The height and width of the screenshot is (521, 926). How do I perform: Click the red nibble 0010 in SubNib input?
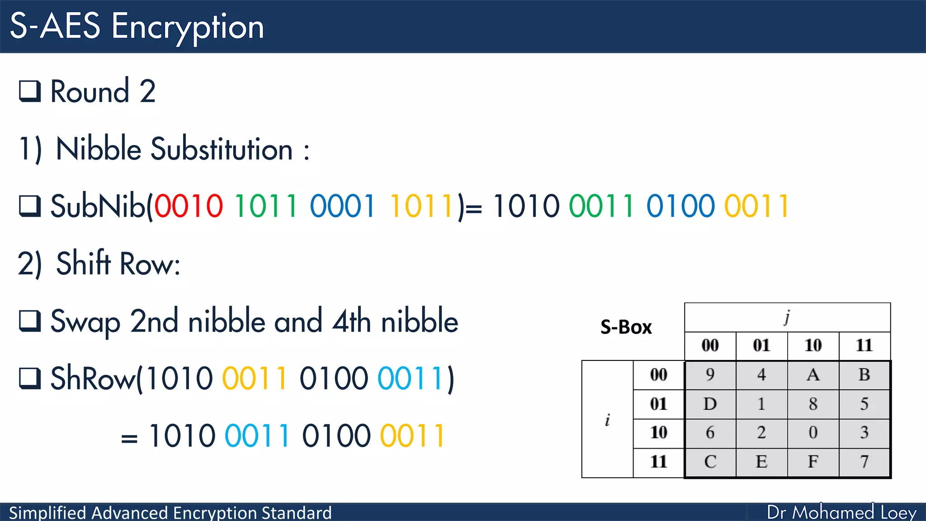(x=189, y=206)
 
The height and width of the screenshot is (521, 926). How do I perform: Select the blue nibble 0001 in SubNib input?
(x=342, y=206)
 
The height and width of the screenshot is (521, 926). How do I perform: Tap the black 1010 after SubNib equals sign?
(x=526, y=206)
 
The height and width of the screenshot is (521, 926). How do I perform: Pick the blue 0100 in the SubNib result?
(x=680, y=206)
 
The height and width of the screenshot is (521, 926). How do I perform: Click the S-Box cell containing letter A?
(x=813, y=375)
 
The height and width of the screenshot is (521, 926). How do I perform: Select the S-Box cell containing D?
(x=710, y=404)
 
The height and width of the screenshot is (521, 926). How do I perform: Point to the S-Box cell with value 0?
(x=813, y=433)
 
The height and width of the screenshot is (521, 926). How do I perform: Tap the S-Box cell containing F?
(x=813, y=462)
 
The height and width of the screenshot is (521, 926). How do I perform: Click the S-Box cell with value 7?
(x=864, y=462)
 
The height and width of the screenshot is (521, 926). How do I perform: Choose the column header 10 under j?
(x=813, y=346)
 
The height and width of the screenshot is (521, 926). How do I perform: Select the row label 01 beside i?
(x=658, y=404)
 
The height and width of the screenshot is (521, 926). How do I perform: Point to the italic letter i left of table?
(x=607, y=420)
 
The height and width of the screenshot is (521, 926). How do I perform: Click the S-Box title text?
(x=626, y=327)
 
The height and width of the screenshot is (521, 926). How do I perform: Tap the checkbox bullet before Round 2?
(x=30, y=91)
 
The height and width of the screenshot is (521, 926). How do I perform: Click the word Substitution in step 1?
(x=222, y=149)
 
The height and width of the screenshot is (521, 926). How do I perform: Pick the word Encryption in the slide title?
(x=188, y=27)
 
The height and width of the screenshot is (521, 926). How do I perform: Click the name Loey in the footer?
(x=898, y=512)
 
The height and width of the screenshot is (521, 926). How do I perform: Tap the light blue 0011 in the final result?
(x=257, y=436)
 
